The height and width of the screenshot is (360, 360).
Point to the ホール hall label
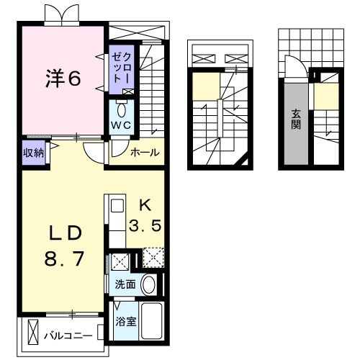pyautogui.click(x=144, y=153)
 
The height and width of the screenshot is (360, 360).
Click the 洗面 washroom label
pyautogui.click(x=125, y=284)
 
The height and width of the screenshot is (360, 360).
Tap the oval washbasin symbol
pyautogui.click(x=148, y=284)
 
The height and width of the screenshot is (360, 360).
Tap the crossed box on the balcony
pyautogui.click(x=32, y=332)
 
